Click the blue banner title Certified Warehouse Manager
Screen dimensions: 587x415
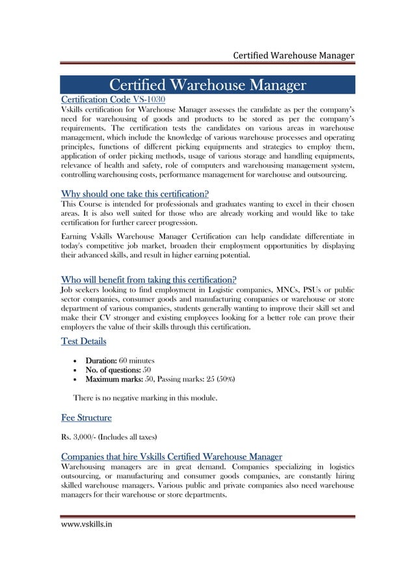pyautogui.click(x=207, y=85)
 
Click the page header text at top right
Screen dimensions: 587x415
pyautogui.click(x=293, y=55)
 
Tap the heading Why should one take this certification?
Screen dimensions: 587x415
pyautogui.click(x=134, y=193)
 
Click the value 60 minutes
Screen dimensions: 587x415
pyautogui.click(x=137, y=360)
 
